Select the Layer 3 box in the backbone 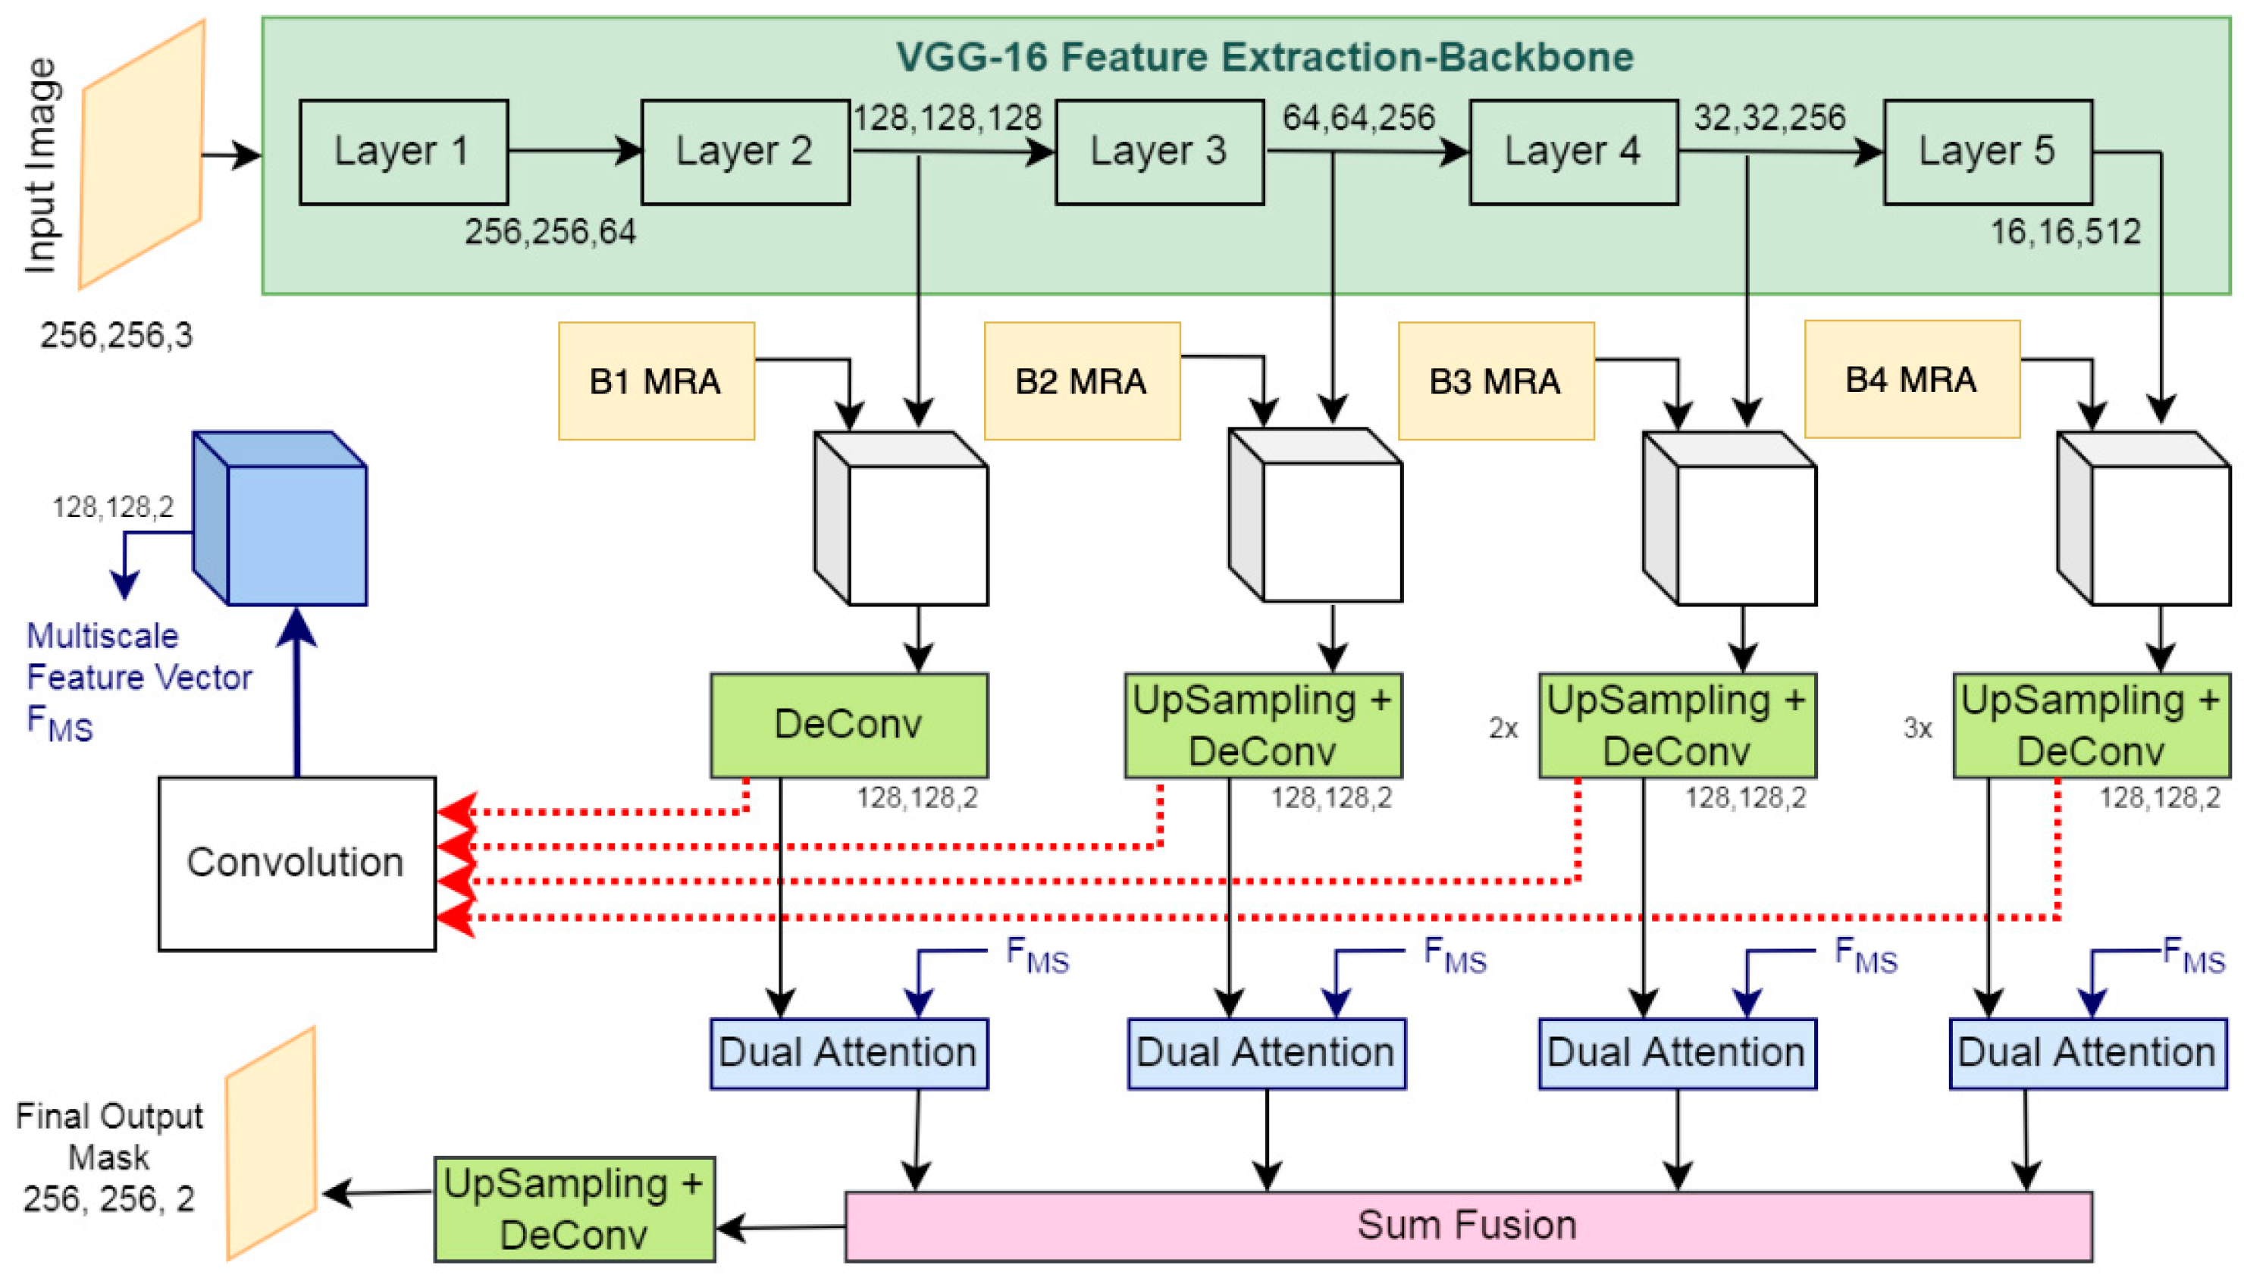(1158, 152)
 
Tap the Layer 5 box (1986, 152)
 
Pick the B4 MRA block (1910, 379)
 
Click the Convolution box (296, 863)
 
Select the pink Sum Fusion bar (1466, 1226)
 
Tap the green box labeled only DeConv (848, 725)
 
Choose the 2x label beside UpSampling (1503, 728)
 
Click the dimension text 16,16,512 (2064, 232)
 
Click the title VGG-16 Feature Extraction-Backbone (1264, 57)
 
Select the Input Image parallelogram (143, 155)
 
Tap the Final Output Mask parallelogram (271, 1144)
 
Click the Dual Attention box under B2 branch (1266, 1053)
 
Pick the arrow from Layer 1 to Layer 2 (575, 150)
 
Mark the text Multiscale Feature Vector (138, 656)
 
